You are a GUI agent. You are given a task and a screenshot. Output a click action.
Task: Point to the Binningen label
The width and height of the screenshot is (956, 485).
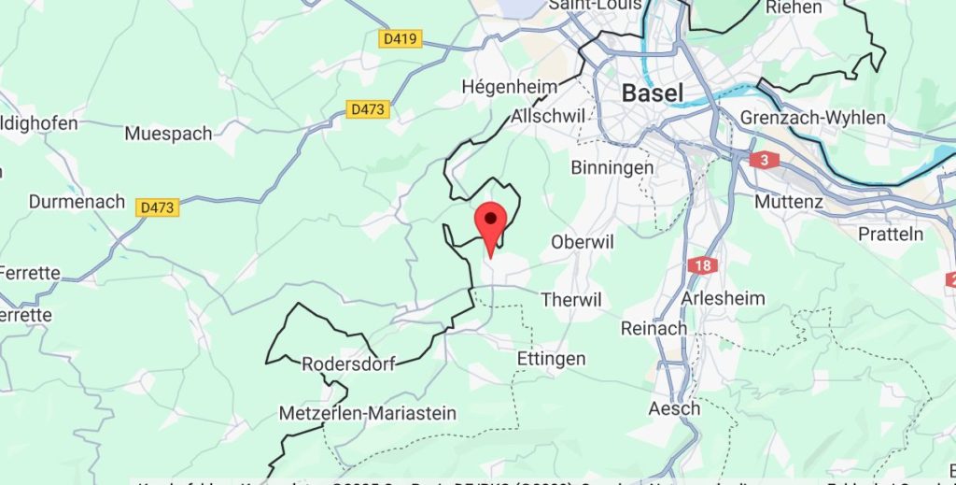pos(612,167)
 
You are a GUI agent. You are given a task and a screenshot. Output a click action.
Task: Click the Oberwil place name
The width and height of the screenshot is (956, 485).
pos(583,242)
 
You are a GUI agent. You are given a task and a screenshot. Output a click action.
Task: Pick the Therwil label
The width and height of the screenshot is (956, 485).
pos(571,300)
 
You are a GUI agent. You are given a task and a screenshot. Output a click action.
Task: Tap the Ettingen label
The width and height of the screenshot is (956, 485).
pos(551,359)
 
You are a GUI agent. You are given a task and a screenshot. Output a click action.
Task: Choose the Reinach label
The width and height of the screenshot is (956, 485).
pos(654,329)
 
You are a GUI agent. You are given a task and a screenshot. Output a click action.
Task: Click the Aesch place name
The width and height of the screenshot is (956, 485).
pos(674,409)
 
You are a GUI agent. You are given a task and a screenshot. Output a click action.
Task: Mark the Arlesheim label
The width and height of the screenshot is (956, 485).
pos(724,299)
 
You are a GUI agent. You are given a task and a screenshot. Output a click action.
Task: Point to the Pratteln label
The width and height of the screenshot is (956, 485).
pos(891,234)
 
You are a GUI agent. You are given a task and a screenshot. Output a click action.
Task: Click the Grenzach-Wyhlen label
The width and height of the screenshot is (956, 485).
pos(812,117)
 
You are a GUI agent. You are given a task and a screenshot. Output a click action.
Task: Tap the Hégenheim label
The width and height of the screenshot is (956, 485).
pos(510,87)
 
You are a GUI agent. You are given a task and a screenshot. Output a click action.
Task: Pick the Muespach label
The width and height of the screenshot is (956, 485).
pos(168,134)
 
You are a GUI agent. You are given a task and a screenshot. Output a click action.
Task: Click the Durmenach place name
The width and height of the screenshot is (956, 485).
pos(77,202)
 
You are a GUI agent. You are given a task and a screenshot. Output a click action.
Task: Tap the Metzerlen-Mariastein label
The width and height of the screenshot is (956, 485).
pos(368,413)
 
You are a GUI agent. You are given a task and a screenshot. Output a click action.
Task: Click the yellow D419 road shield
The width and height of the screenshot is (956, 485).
pos(401,39)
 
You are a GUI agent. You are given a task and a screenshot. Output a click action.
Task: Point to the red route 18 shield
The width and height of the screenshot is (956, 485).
pos(703,265)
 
